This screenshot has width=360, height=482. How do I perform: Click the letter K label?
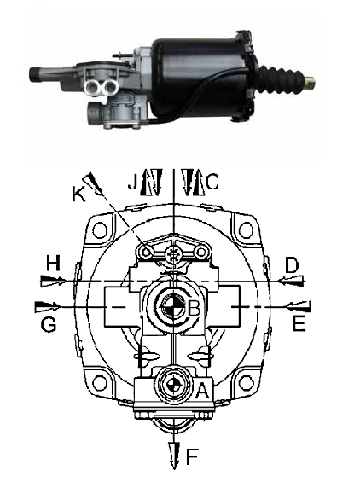[78, 194]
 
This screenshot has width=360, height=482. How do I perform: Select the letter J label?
[132, 182]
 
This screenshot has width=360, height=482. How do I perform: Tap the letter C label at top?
[212, 182]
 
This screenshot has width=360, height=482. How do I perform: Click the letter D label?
[292, 265]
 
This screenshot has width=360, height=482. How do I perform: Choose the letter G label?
[49, 324]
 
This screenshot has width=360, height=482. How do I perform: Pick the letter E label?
[299, 323]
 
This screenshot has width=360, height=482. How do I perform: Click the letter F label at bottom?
[192, 456]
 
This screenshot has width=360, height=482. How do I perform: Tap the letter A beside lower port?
[202, 391]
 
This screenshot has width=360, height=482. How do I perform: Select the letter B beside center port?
[194, 308]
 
